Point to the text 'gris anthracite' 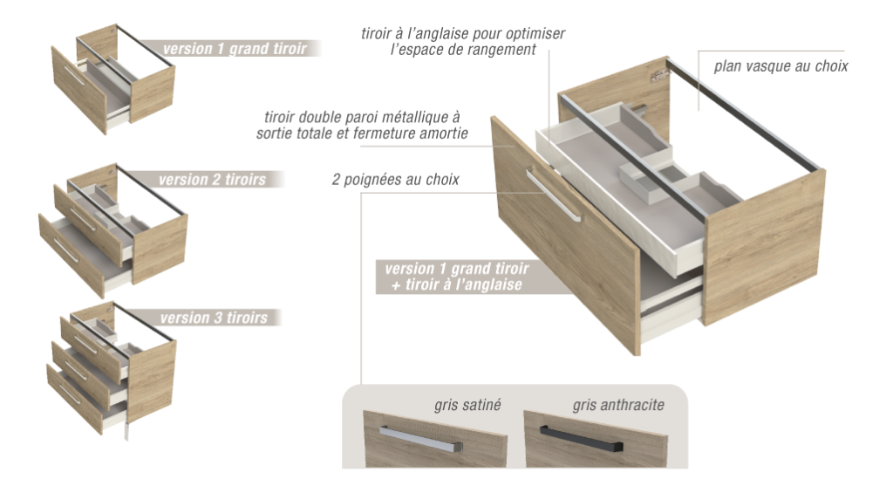pyautogui.click(x=618, y=406)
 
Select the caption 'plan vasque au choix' pyautogui.click(x=781, y=66)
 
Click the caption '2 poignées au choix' pyautogui.click(x=395, y=181)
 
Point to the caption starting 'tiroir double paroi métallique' pyautogui.click(x=362, y=125)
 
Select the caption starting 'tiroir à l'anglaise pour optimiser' pyautogui.click(x=463, y=42)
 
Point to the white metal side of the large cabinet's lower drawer pyautogui.click(x=671, y=323)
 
